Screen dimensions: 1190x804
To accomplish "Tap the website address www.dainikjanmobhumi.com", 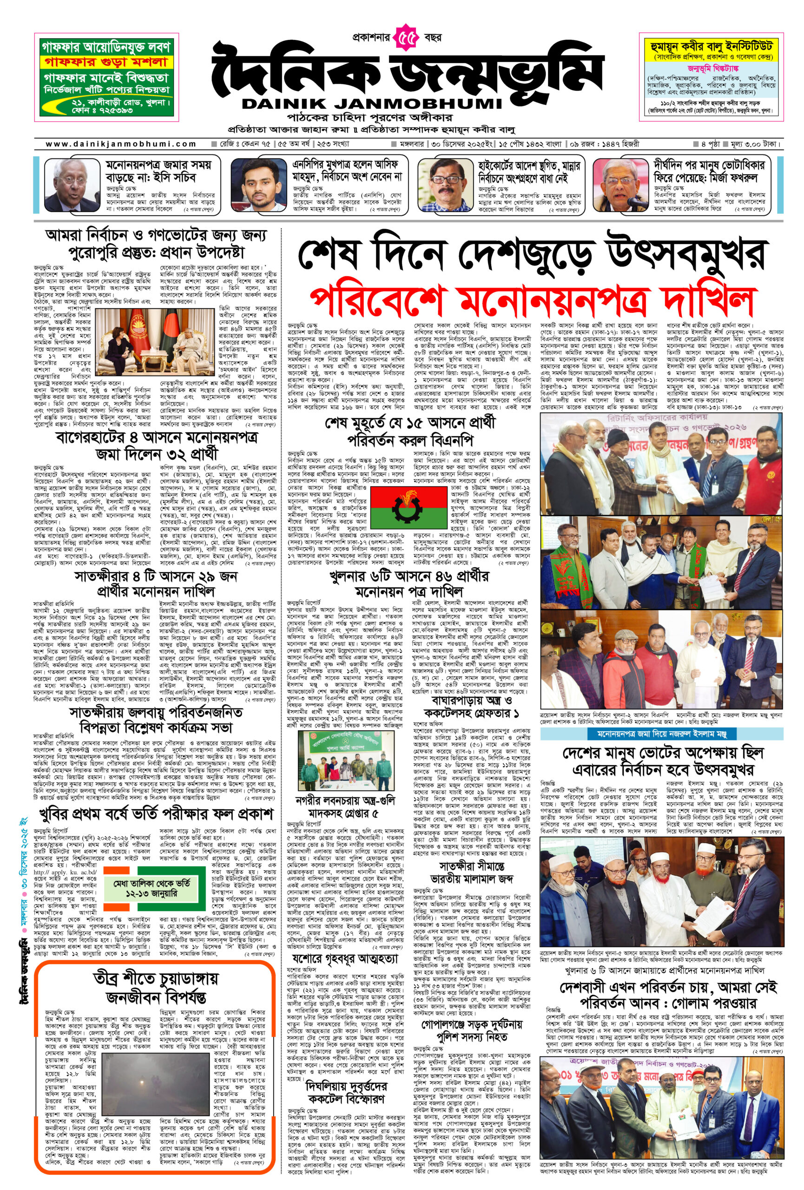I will pyautogui.click(x=121, y=145).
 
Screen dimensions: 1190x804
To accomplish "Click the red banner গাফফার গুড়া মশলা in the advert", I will pyautogui.click(x=106, y=62).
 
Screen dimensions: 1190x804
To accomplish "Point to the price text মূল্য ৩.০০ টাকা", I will pyautogui.click(x=753, y=145).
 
